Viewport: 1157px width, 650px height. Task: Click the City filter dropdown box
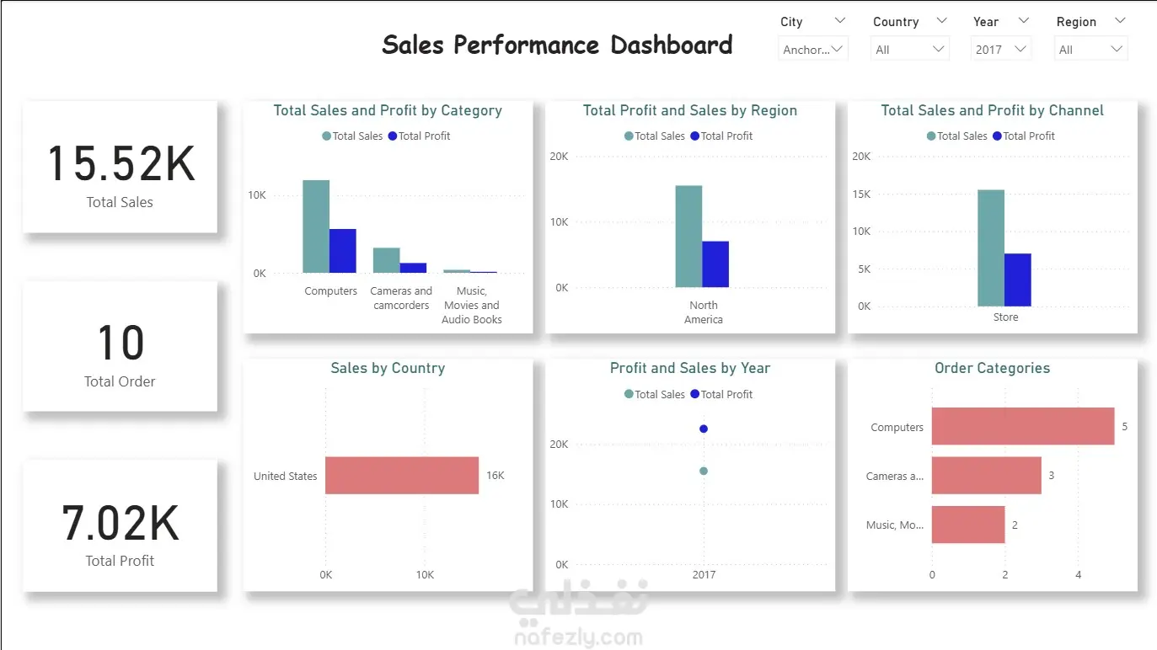[813, 50]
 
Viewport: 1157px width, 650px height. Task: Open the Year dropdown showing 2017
[1001, 50]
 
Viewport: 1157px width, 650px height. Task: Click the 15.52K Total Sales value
[121, 163]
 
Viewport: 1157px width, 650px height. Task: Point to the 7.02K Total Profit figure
[121, 523]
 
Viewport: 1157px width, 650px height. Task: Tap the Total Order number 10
[121, 344]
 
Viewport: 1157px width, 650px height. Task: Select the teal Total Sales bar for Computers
[316, 226]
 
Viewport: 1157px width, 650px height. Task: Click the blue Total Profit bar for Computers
[342, 251]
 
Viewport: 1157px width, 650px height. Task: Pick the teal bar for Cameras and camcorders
[386, 260]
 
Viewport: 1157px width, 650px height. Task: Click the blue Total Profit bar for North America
[715, 264]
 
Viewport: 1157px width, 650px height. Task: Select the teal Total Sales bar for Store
[991, 248]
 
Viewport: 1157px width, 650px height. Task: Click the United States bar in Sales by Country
[402, 476]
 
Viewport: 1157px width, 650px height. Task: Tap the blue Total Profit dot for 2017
[704, 429]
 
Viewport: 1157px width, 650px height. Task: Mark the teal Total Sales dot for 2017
[704, 472]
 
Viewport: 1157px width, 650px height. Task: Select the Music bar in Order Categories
[968, 525]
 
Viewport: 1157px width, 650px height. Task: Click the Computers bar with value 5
[1023, 427]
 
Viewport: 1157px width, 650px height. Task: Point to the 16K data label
[495, 476]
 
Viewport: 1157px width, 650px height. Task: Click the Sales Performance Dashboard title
[557, 45]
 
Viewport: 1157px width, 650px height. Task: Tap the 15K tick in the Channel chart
[861, 194]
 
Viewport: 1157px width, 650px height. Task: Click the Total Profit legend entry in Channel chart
[1024, 136]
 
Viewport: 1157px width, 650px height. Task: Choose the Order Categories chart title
[992, 368]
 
